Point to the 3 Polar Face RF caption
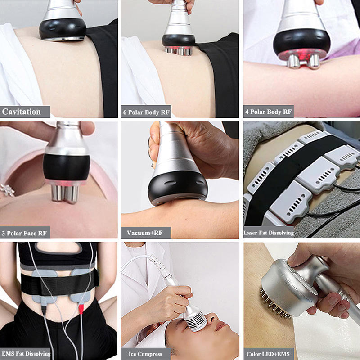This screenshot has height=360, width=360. [x=25, y=233]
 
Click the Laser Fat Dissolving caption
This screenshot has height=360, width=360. [x=269, y=233]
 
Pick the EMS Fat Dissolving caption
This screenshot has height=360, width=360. [x=26, y=354]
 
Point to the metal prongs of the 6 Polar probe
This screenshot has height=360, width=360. [x=178, y=50]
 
